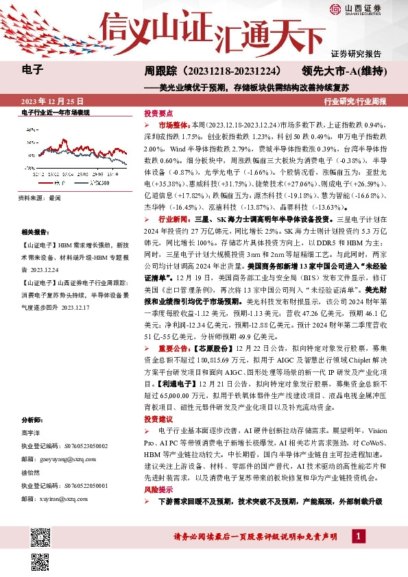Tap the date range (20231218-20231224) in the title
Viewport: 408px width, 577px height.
pos(232,71)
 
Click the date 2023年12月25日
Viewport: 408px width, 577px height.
pos(51,100)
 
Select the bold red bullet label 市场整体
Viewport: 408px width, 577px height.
pos(172,126)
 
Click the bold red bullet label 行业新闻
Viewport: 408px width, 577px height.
pos(172,218)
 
